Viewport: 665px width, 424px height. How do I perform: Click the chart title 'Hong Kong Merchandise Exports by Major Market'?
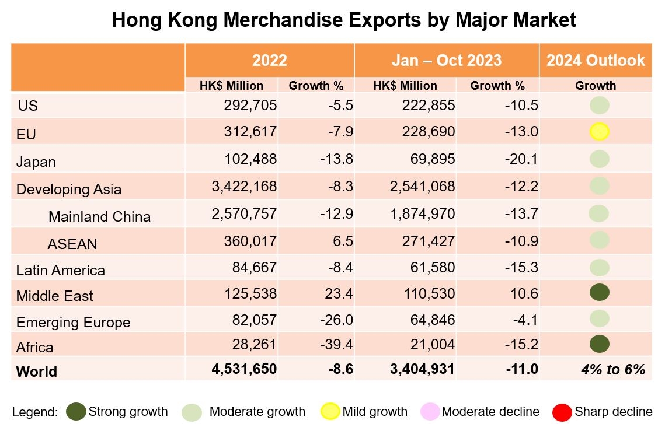[x=344, y=20]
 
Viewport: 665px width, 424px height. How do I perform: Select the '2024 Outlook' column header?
[x=596, y=60]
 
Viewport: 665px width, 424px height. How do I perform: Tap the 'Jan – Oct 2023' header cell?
[x=447, y=60]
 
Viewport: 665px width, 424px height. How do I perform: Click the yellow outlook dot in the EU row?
[x=599, y=132]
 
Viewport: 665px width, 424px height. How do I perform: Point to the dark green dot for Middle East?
[x=599, y=292]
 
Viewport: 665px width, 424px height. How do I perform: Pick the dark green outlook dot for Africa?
[x=599, y=344]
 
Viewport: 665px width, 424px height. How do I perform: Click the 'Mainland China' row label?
[x=99, y=217]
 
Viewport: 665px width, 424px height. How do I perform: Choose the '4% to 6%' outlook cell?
[x=612, y=369]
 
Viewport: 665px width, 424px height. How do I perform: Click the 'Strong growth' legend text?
[x=128, y=412]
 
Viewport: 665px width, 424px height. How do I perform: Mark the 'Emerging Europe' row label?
[x=73, y=323]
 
